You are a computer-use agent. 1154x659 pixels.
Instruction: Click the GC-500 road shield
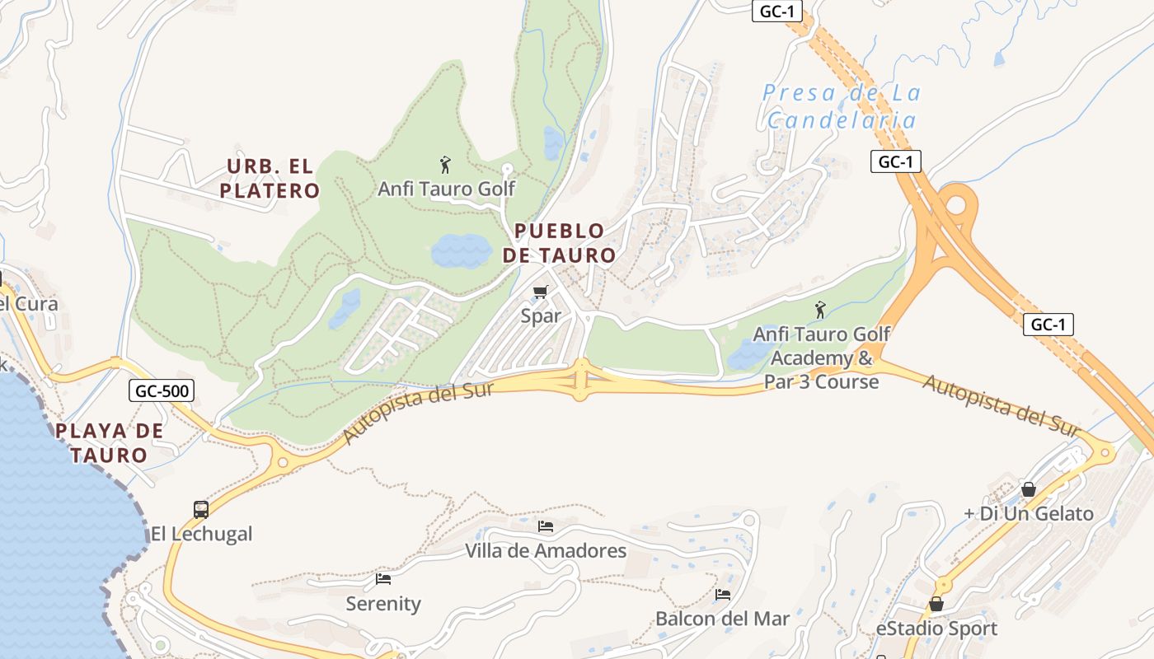pos(162,390)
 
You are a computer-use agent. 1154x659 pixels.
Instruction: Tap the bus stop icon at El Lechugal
pos(201,509)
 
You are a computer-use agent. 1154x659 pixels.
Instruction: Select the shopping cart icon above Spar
pos(541,292)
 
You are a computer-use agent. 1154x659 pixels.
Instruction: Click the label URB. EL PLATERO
pos(270,179)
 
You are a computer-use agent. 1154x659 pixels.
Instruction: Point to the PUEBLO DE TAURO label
pos(560,243)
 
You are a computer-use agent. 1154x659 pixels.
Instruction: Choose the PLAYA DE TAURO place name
pos(109,442)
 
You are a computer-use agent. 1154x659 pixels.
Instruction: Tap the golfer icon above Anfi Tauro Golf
pos(446,165)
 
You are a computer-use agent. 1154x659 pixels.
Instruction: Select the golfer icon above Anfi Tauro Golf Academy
pos(820,310)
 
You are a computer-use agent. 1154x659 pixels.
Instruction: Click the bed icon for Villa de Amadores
pos(546,526)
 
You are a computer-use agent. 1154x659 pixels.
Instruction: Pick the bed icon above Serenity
pos(383,579)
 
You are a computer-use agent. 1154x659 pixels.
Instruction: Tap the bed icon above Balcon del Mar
pos(723,594)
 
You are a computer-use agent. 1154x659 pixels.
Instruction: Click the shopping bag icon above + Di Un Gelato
pos(1029,489)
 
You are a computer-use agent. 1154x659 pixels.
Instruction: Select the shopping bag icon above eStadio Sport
pos(936,605)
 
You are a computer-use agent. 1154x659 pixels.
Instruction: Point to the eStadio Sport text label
pos(936,629)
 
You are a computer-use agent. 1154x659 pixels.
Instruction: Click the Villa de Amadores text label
pos(546,550)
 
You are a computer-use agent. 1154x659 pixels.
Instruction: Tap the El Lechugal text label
pos(201,534)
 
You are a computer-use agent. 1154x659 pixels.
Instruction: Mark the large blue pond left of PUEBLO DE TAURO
pos(462,250)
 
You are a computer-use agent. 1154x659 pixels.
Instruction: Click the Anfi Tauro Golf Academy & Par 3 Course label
pos(821,358)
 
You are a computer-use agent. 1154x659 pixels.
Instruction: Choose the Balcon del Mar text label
pos(722,619)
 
